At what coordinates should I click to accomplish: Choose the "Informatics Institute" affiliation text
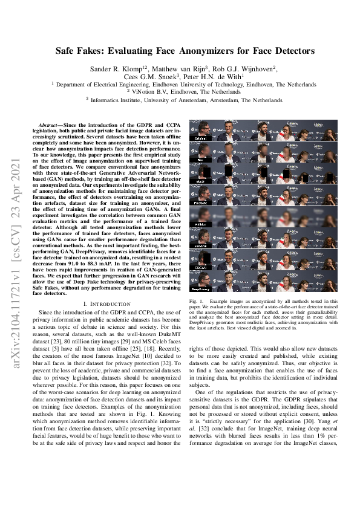pyautogui.click(x=116, y=100)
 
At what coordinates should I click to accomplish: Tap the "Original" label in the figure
pyautogui.click(x=198, y=139)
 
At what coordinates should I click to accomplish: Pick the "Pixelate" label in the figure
pyautogui.click(x=198, y=203)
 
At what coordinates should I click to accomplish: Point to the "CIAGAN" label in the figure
pyautogui.click(x=198, y=266)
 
